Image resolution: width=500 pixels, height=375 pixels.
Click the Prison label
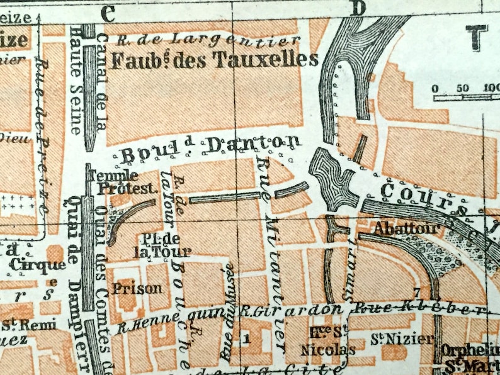pos(137,289)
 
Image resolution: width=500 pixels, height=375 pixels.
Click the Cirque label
pos(37,266)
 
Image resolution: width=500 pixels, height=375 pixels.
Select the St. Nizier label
pos(392,340)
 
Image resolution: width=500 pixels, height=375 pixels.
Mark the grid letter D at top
pos(358,8)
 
